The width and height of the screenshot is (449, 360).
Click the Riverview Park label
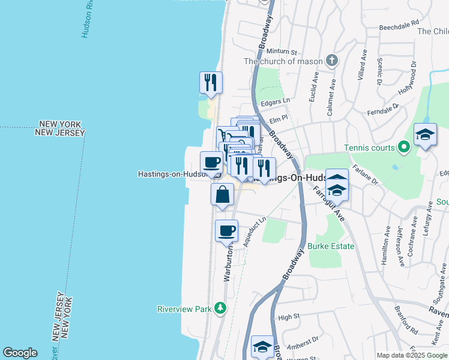coord(184,309)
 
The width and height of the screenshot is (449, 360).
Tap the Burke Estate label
coord(331,246)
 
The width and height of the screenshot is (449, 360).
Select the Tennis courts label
coord(370,148)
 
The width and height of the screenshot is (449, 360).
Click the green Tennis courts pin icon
coord(405,146)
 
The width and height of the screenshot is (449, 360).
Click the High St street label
coord(289,317)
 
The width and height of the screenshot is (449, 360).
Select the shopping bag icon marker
coord(222,194)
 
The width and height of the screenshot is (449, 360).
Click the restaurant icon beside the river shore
coord(211,82)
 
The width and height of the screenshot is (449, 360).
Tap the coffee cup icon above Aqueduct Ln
coord(226,230)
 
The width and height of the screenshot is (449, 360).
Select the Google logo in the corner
coord(20,353)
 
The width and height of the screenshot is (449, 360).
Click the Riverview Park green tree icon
coord(221,308)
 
